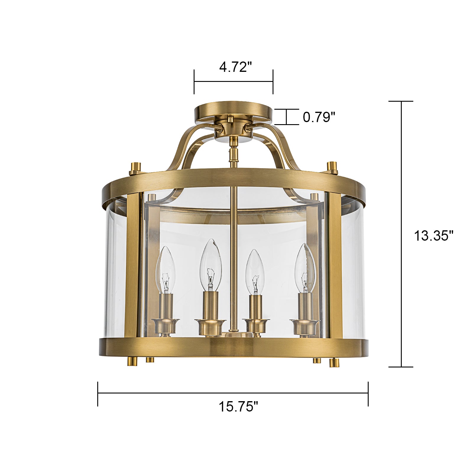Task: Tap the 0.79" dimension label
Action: coord(319,117)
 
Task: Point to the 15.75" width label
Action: coord(238,406)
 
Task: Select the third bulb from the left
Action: coord(255,272)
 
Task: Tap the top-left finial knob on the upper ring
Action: coord(136,168)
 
